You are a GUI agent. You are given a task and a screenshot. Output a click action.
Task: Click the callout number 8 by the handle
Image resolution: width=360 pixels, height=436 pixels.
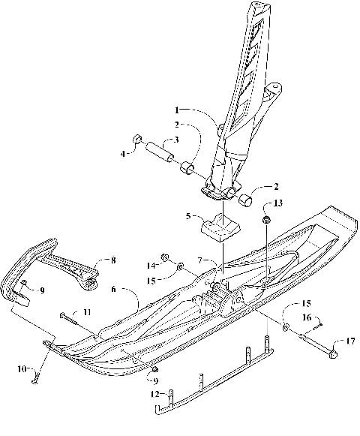(112, 260)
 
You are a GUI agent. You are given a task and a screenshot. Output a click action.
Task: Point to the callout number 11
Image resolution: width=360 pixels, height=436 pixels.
(87, 311)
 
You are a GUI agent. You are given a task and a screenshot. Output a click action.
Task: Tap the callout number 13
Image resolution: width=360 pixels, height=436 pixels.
(279, 203)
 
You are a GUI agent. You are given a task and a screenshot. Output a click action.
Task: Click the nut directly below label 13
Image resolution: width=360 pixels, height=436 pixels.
(265, 220)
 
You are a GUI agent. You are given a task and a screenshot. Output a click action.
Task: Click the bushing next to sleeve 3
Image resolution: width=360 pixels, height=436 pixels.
(187, 165)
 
